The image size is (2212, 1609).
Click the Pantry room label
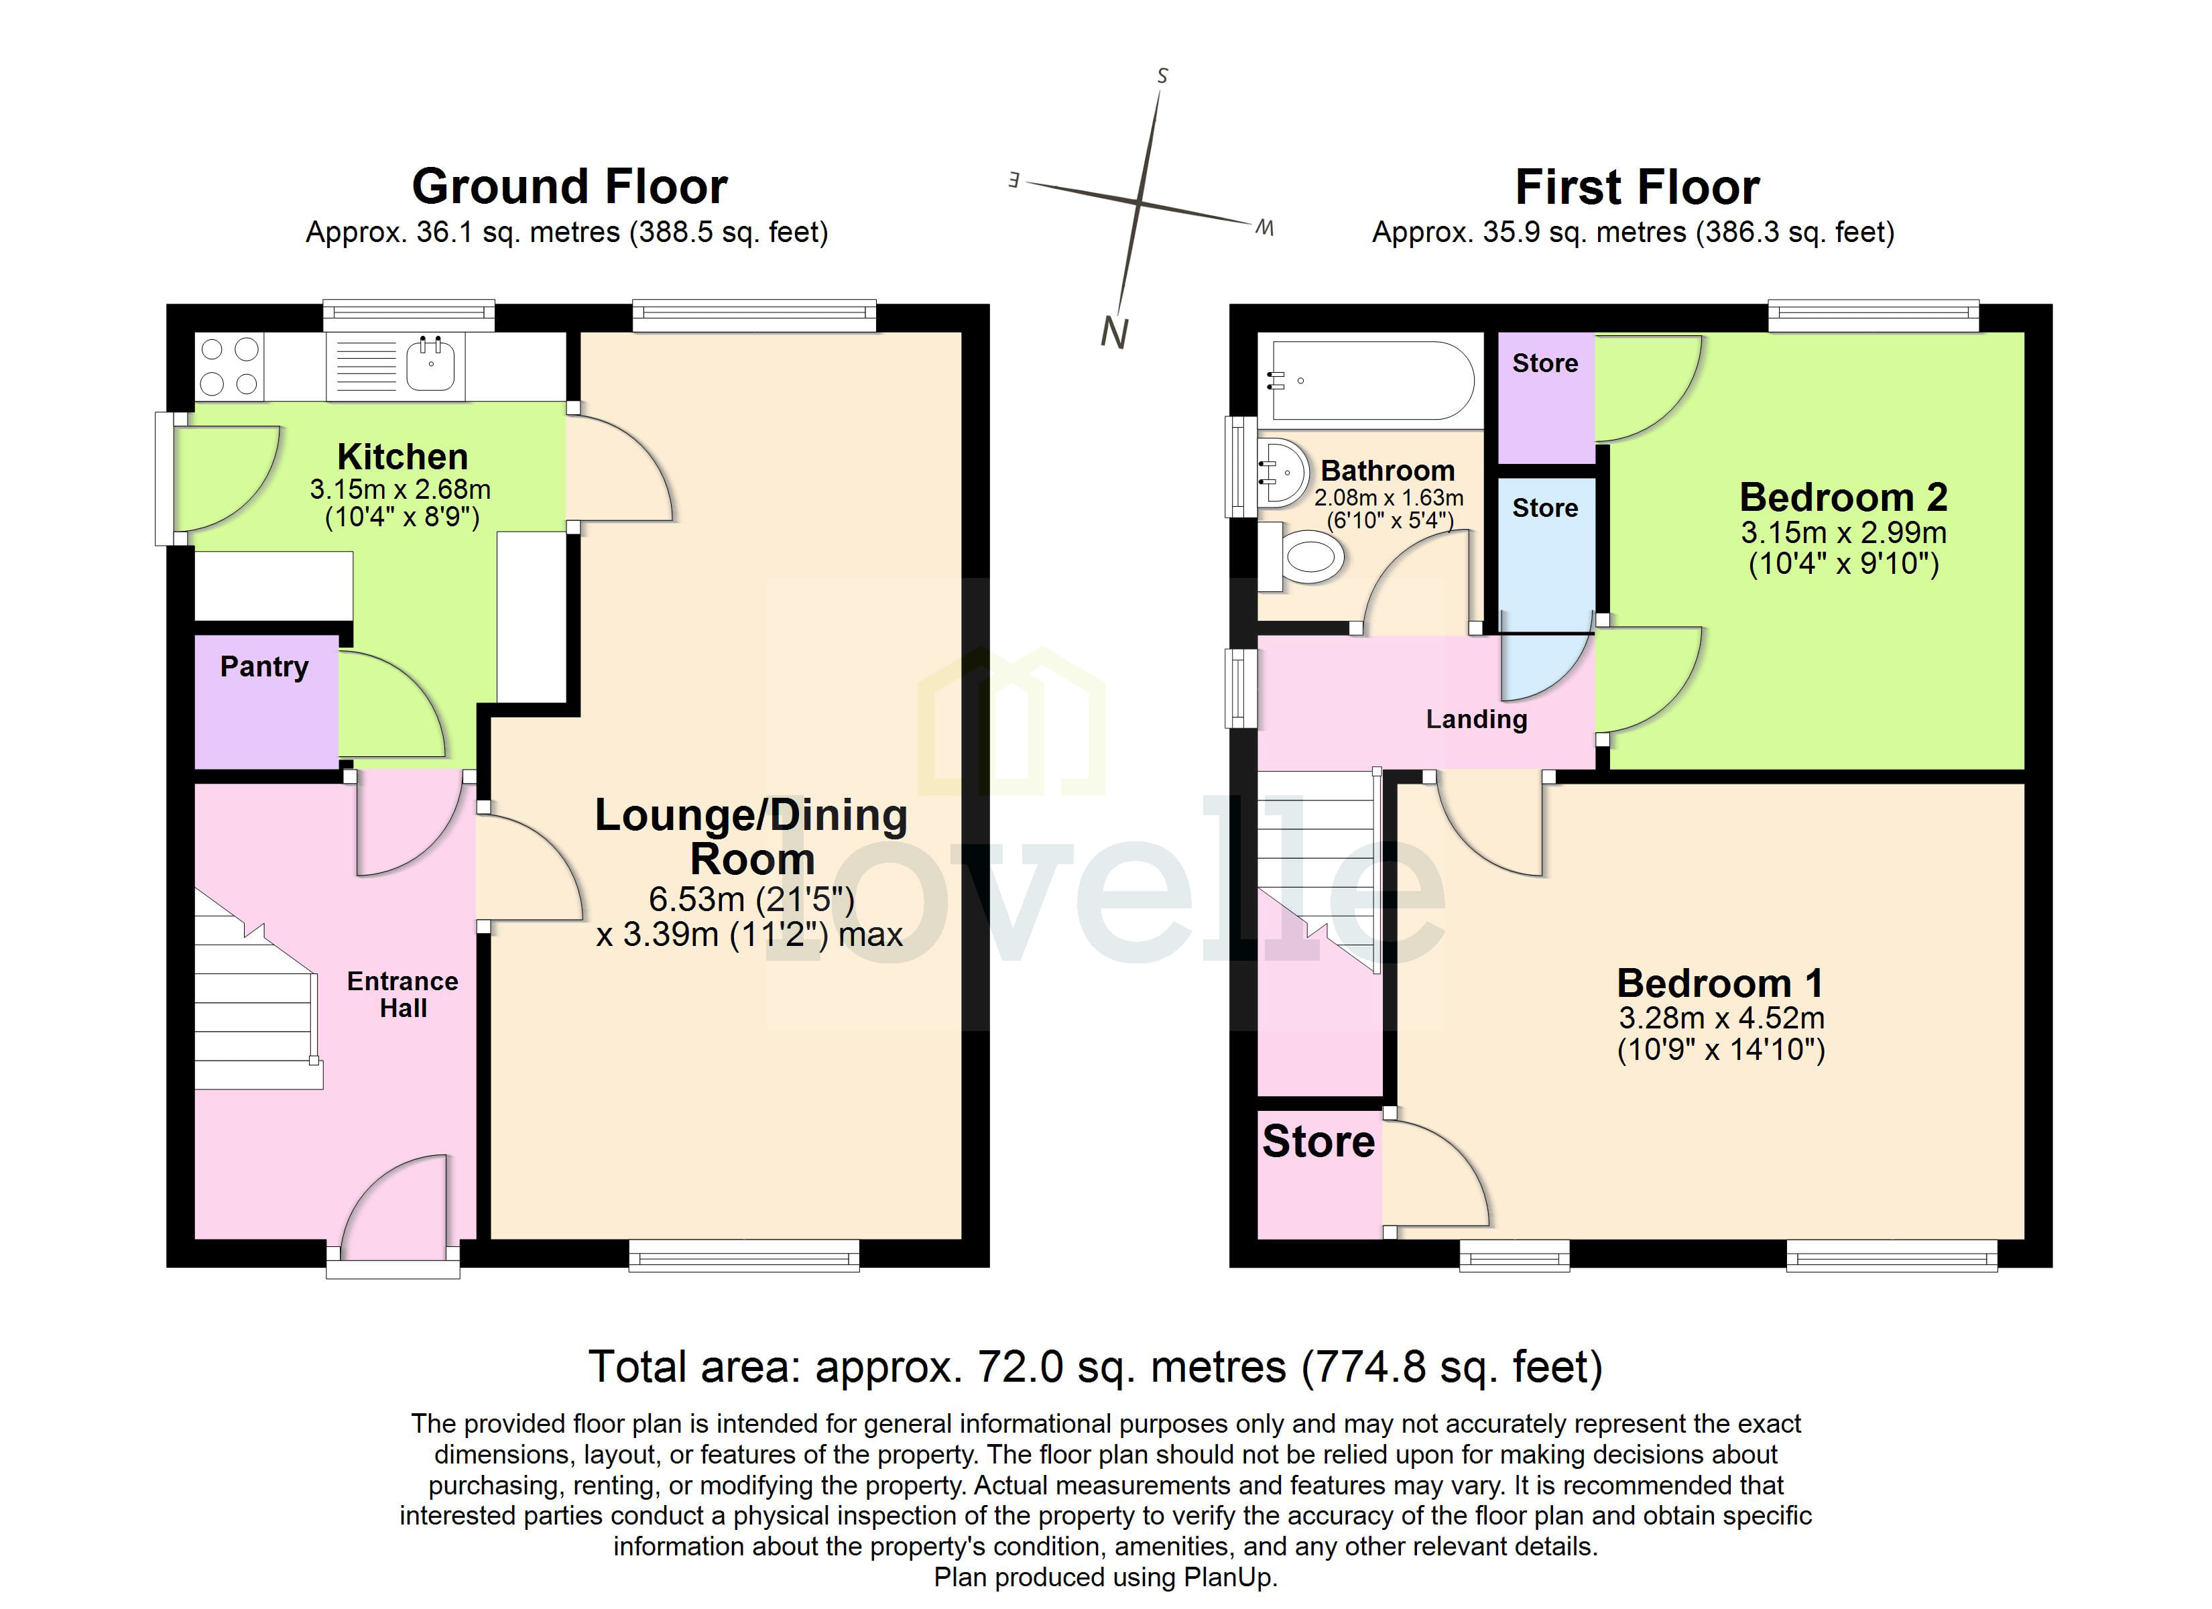(x=263, y=668)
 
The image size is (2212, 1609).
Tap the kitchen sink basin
(x=430, y=364)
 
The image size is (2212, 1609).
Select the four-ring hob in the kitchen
(x=229, y=366)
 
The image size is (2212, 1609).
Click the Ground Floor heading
(x=570, y=186)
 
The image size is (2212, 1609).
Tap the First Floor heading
(x=1637, y=187)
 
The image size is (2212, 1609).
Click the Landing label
(x=1475, y=720)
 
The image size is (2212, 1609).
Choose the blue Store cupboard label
(x=1545, y=508)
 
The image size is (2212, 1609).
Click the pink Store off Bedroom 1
(x=1318, y=1142)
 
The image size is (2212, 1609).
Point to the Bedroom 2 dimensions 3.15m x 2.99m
(x=1843, y=533)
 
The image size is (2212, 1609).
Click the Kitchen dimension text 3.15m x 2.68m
(x=400, y=489)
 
